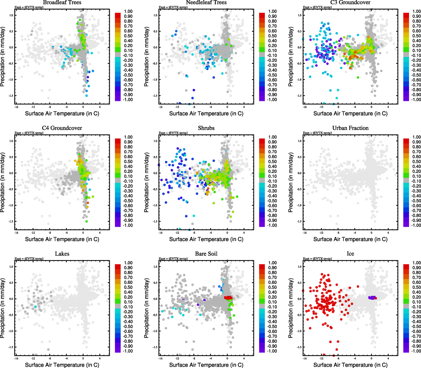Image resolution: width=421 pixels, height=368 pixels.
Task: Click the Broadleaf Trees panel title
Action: [x=62, y=2]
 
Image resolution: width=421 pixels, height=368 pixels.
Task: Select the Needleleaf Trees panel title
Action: [x=206, y=2]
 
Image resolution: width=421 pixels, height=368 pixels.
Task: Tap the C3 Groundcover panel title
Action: [x=350, y=2]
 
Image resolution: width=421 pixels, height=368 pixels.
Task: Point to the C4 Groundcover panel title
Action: [x=62, y=128]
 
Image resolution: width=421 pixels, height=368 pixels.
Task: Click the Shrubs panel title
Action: [x=206, y=128]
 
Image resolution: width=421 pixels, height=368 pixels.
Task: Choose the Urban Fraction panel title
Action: [x=350, y=128]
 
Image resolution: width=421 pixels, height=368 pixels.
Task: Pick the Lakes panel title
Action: [x=62, y=254]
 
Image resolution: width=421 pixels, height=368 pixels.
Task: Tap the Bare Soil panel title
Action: [x=206, y=254]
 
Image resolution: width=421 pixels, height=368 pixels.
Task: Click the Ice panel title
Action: [x=350, y=254]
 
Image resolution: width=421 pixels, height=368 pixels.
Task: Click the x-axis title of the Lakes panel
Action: [x=62, y=365]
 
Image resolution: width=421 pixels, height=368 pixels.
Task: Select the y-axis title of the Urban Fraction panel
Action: [x=291, y=182]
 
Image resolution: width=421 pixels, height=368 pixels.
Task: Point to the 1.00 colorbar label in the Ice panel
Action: [x=416, y=263]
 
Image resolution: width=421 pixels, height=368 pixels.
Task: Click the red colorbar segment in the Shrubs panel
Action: [x=262, y=141]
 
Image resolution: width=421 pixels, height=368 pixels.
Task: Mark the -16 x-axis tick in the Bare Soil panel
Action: [x=160, y=358]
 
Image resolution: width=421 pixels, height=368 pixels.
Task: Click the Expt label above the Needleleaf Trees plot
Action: [x=173, y=7]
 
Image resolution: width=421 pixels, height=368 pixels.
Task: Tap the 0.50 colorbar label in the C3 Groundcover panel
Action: [x=416, y=36]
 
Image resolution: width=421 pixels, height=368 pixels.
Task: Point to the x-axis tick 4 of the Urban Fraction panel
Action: [x=388, y=232]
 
